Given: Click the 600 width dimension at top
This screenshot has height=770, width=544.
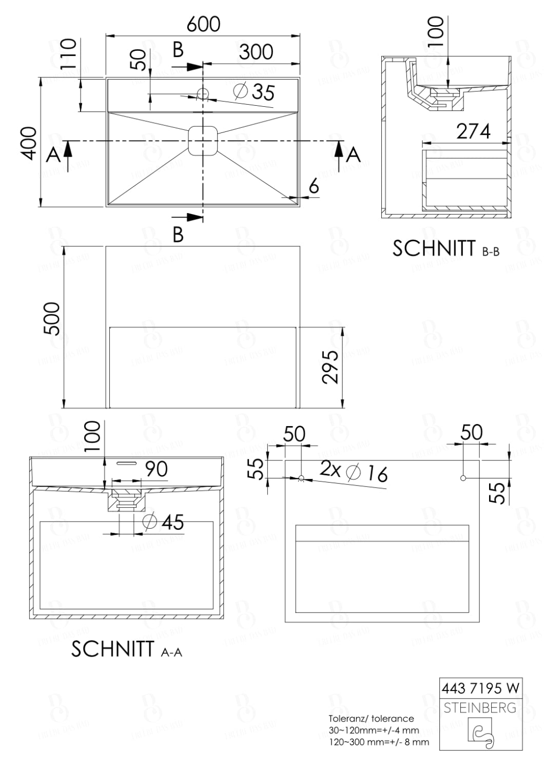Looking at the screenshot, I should click(203, 24).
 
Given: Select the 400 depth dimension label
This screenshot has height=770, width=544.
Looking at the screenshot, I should click(29, 143).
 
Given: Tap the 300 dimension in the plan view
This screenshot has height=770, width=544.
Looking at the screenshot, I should click(256, 51).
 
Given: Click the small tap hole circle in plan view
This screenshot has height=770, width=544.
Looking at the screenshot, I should click(203, 94).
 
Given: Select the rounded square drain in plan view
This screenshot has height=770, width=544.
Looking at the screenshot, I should click(204, 141).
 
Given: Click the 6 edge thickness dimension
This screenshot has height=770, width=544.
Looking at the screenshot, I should click(314, 186).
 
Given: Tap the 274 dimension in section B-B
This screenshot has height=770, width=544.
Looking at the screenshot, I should click(473, 131).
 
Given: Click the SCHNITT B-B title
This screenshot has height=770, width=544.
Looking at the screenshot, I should click(445, 248).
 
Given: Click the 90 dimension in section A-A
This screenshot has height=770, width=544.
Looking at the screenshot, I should click(156, 469).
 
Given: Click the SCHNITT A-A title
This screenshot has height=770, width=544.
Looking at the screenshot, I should click(126, 649).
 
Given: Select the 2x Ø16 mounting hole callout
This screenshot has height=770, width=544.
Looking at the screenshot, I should click(354, 471).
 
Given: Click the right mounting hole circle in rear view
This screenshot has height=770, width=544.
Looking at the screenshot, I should click(463, 478).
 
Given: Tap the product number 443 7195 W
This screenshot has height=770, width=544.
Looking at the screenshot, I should click(480, 687).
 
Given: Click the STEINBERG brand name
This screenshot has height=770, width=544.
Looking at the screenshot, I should click(480, 708).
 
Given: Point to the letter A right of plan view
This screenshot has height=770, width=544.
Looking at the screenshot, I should click(353, 155).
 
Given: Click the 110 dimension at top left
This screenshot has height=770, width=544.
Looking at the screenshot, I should click(68, 54).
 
